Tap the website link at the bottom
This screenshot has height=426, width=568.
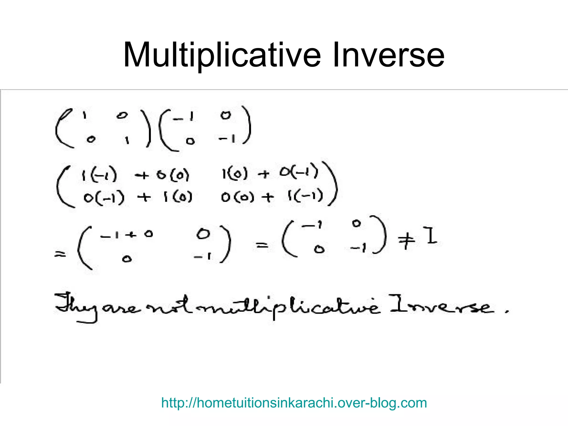click(x=294, y=403)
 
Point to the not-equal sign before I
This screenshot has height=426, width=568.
click(x=407, y=240)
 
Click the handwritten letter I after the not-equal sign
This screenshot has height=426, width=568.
click(x=431, y=236)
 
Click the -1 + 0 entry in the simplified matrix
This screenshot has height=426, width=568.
click(x=126, y=235)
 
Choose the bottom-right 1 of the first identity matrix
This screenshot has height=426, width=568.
click(x=127, y=140)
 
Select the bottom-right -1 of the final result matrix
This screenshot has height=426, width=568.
click(x=358, y=247)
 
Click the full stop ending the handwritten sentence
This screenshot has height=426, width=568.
click(x=507, y=311)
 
